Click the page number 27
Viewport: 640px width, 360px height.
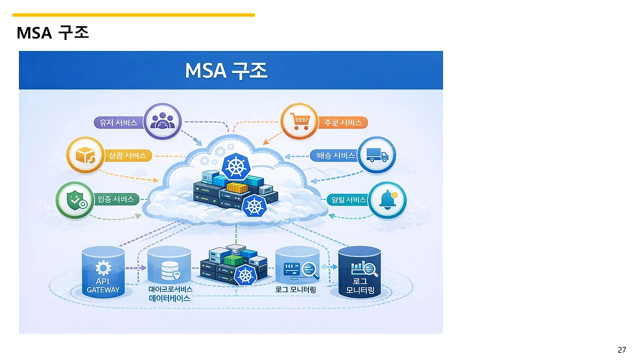621,349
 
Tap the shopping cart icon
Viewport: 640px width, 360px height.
299,121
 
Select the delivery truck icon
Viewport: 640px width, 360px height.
377,155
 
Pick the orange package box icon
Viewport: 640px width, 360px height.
85,155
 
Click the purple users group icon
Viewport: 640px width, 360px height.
162,121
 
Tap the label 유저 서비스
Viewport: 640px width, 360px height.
118,123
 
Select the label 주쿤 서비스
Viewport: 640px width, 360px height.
343,123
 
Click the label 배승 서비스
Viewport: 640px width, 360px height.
335,155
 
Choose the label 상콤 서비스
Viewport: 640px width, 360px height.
127,155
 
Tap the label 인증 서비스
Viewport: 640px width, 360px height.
115,199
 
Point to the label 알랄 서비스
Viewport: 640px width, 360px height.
348,199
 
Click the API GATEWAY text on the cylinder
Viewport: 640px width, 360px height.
103,285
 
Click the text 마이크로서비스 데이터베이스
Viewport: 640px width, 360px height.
170,293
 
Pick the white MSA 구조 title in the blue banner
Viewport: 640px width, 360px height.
226,70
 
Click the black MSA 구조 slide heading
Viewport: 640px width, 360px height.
53,32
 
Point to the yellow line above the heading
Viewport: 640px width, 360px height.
133,15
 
